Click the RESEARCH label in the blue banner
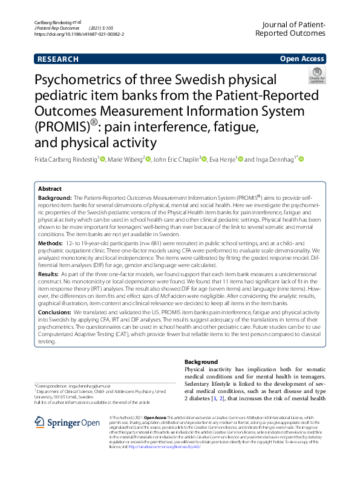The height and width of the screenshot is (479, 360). (57, 59)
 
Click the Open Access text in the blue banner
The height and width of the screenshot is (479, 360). (302, 59)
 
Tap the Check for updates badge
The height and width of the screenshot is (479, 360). (316, 76)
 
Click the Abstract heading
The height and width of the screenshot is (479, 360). (50, 188)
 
